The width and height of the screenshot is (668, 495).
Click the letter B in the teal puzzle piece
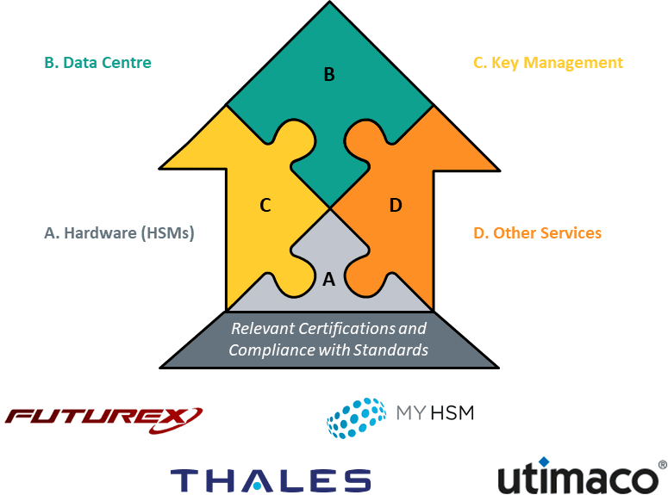(x=328, y=75)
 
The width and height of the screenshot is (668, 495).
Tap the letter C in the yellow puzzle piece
(x=265, y=205)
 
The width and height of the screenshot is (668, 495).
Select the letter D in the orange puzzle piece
(x=396, y=205)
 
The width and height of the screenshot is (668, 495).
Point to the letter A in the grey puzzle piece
(x=328, y=279)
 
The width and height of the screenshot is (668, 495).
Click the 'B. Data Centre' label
(x=97, y=63)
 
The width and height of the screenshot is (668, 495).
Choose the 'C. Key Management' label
(x=547, y=63)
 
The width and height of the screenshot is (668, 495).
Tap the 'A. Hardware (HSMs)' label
(x=118, y=233)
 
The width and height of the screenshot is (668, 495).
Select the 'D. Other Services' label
(x=537, y=233)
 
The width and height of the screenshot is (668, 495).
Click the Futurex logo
(x=103, y=418)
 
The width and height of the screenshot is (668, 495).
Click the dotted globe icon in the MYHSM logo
(x=356, y=418)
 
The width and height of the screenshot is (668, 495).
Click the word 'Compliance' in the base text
(x=266, y=350)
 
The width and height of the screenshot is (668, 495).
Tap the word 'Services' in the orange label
(x=571, y=233)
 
